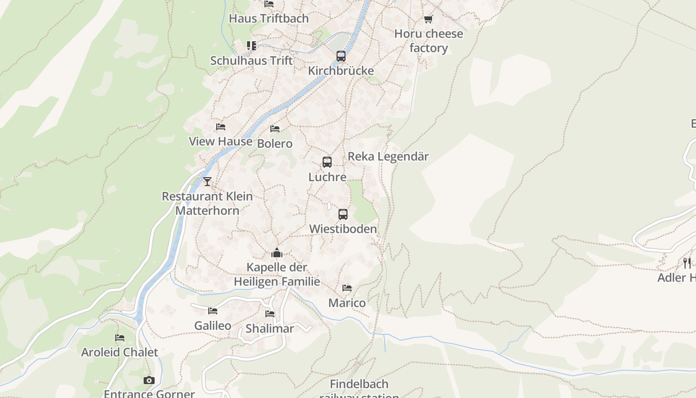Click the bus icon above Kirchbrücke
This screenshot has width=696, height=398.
pos(341,56)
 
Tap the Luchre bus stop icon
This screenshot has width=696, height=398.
pos(327,162)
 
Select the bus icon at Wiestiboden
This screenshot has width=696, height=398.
pos(343,214)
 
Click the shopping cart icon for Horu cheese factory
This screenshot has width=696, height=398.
pos(428,19)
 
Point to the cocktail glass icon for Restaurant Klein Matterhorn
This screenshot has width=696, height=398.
pos(207,182)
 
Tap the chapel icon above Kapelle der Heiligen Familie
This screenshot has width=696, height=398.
pos(277,253)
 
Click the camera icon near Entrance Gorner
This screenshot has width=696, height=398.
pos(149,381)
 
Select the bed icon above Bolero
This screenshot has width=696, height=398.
pos(275,129)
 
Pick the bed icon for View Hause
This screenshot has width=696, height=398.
pos(221,127)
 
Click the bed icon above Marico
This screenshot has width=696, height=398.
pos(347,288)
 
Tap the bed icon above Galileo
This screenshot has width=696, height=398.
pos(213,311)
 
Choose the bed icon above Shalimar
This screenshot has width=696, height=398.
pos(270,314)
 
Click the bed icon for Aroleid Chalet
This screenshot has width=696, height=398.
pos(120,338)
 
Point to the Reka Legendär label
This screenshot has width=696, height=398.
pos(388,156)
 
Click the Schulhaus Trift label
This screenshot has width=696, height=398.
pos(252,61)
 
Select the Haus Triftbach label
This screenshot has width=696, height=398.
pos(268,18)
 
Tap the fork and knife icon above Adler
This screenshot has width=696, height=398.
pos(687,263)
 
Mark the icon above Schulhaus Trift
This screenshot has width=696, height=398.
pos(252,46)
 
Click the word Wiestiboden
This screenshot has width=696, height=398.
pos(343,229)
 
